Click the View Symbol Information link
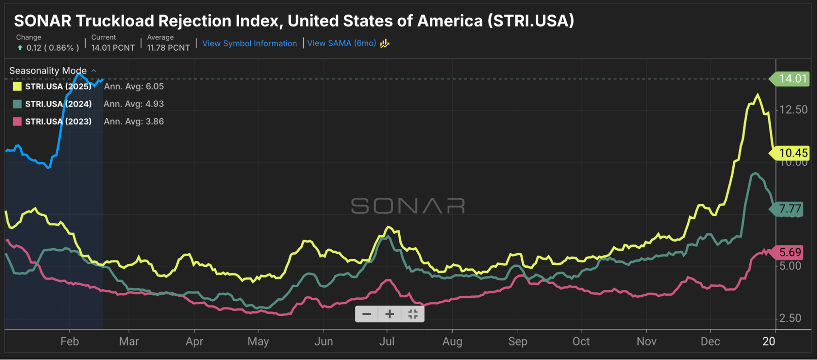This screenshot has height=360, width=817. pyautogui.click(x=249, y=43)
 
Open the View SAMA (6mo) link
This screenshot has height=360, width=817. pyautogui.click(x=342, y=43)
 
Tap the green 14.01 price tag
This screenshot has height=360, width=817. pyautogui.click(x=792, y=79)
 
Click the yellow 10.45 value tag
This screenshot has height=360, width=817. pyautogui.click(x=793, y=153)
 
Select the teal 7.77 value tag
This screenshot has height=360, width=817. pyautogui.click(x=790, y=209)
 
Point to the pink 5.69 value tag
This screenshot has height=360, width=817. pyautogui.click(x=790, y=252)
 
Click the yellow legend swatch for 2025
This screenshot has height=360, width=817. pyautogui.click(x=17, y=86)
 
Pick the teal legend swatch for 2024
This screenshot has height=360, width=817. pyautogui.click(x=17, y=104)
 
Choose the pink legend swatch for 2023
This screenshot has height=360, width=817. pyautogui.click(x=17, y=121)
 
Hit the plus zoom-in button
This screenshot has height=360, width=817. pyautogui.click(x=389, y=314)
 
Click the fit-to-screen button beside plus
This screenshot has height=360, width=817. pyautogui.click(x=413, y=314)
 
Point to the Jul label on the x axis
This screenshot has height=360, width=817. pyautogui.click(x=387, y=341)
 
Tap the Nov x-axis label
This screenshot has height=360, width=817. pyautogui.click(x=646, y=341)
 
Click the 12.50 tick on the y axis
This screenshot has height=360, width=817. pyautogui.click(x=793, y=110)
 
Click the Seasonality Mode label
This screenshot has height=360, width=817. pyautogui.click(x=48, y=71)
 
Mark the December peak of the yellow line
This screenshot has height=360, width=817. pyautogui.click(x=757, y=95)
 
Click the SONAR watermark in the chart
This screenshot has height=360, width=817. pyautogui.click(x=408, y=206)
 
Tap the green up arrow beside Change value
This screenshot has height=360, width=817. pyautogui.click(x=20, y=48)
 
